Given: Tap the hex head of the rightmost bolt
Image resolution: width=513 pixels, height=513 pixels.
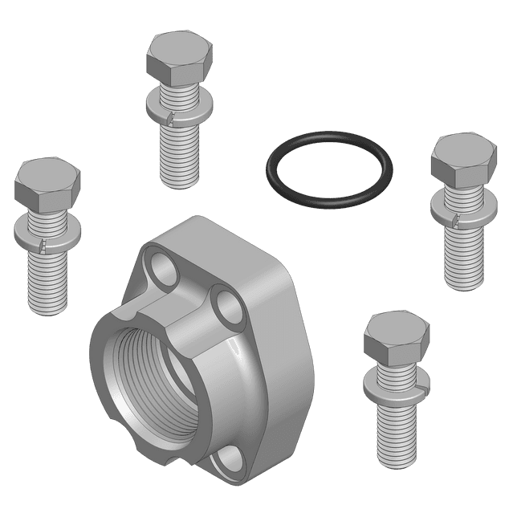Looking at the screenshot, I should (462, 158).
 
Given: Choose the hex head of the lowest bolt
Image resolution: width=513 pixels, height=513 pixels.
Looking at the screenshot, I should (395, 337).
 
